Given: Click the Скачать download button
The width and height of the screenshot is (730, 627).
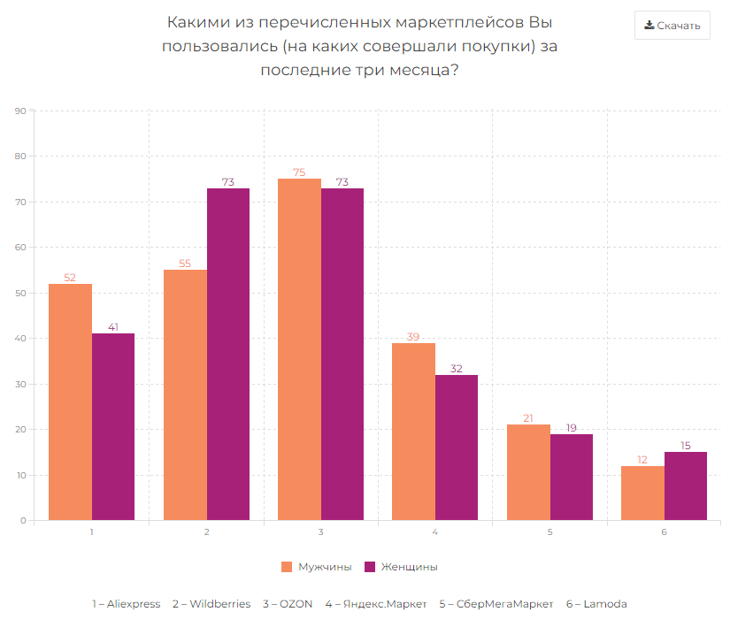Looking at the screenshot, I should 672,26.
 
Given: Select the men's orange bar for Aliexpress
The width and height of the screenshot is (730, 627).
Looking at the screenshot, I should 70,401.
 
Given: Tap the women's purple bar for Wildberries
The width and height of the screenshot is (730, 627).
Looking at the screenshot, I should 228,354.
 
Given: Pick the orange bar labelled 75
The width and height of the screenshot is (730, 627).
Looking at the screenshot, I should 299,349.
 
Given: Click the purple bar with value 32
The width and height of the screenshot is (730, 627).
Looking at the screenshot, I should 457,447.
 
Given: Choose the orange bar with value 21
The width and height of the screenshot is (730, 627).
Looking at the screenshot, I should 528,472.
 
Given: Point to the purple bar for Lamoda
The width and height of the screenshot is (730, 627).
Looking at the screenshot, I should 686,486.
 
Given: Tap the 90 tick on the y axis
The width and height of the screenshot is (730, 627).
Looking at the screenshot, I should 20,111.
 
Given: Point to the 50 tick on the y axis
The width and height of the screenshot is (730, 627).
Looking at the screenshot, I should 20,293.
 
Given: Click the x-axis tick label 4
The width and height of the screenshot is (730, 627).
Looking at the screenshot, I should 435,532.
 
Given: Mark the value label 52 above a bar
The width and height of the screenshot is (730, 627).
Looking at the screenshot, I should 70,278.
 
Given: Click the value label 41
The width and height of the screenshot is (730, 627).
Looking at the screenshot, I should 113,327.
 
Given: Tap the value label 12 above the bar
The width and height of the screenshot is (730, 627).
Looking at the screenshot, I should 642,460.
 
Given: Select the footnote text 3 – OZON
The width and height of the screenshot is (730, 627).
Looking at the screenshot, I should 288,604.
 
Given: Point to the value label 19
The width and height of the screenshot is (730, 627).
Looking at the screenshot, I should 572,428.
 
